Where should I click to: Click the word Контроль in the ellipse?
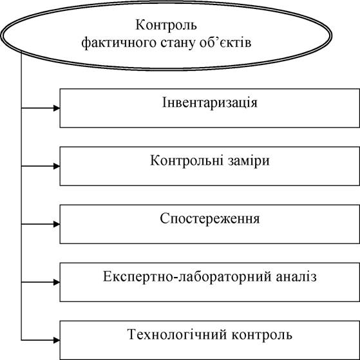pos(166,25)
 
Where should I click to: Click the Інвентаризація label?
pos(209,102)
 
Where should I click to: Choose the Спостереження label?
pos(210,219)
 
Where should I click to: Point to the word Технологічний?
pos(177,335)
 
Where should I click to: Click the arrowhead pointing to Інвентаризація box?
pos(57,108)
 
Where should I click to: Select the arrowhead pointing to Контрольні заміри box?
pos(57,166)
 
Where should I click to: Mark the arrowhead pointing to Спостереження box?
pos(57,224)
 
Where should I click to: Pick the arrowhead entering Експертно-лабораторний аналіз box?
pos(57,283)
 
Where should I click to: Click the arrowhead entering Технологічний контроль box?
pos(57,341)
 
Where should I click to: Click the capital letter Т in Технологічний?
pos(132,335)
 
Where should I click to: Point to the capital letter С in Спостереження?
pos(165,218)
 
